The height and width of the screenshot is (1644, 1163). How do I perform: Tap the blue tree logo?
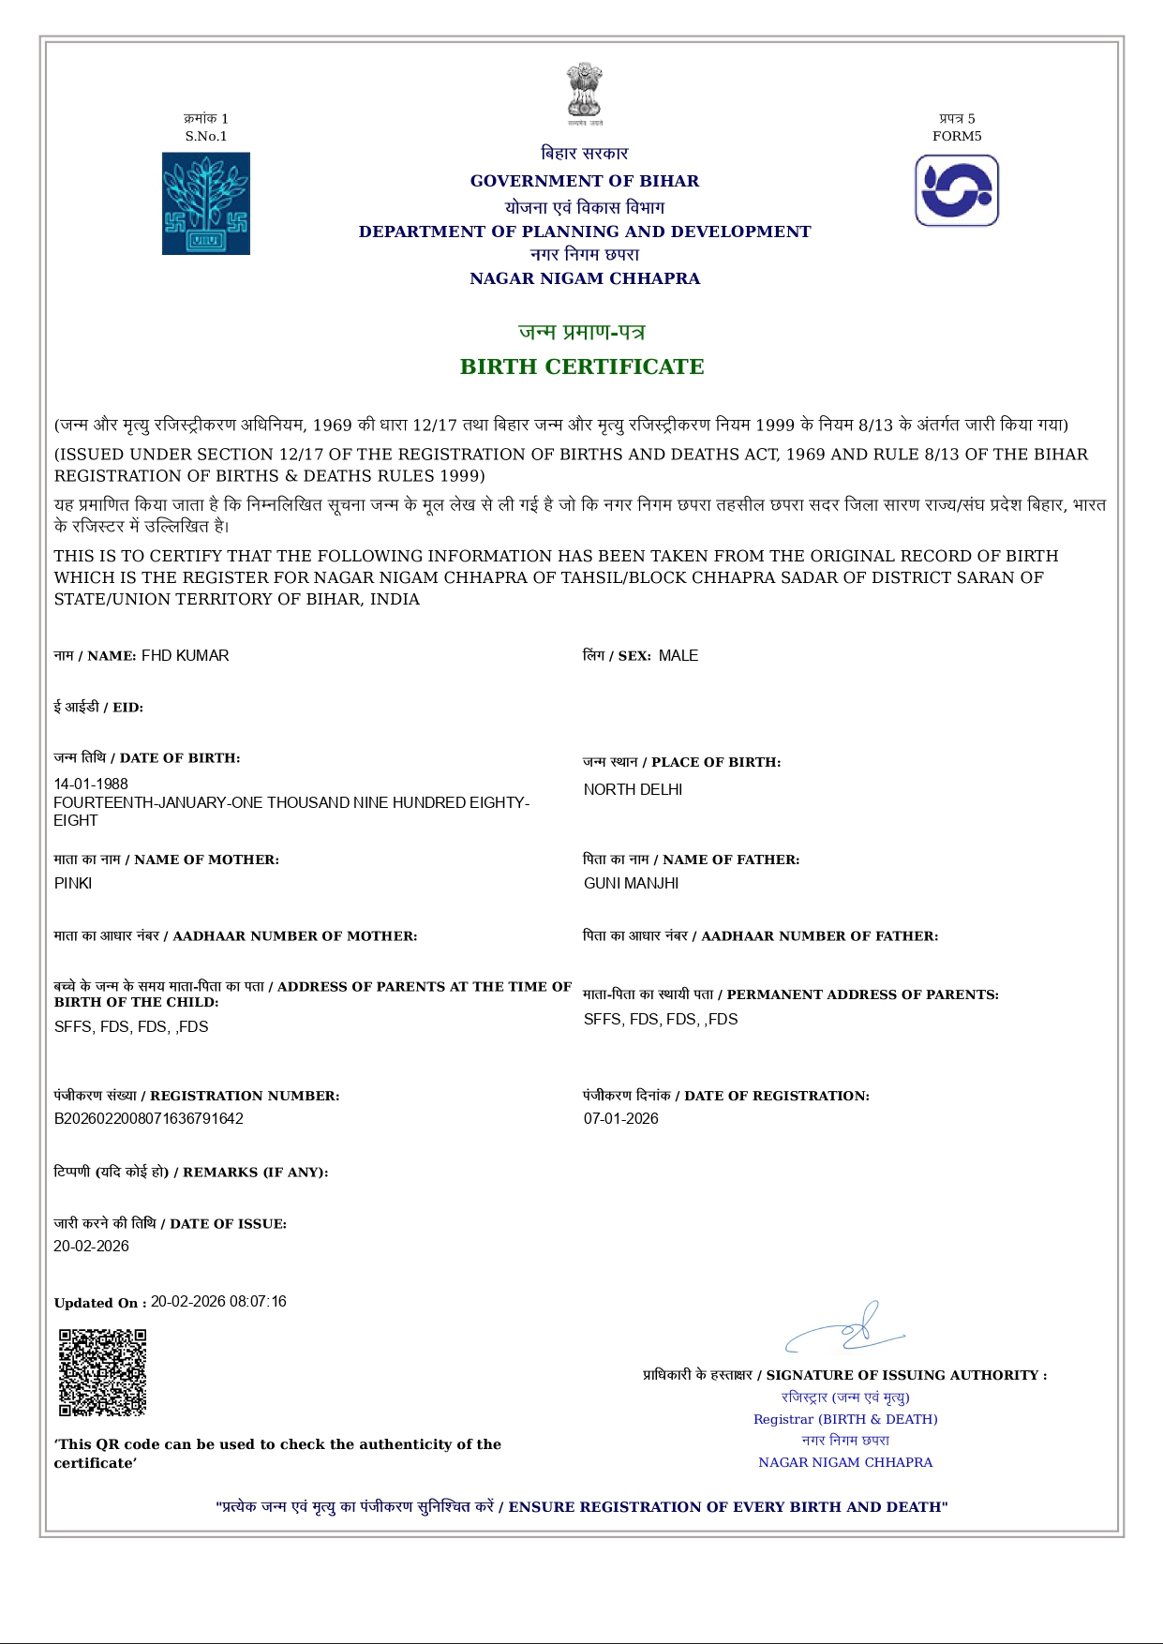pyautogui.click(x=206, y=203)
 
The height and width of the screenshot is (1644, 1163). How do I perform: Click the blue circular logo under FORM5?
pyautogui.click(x=957, y=191)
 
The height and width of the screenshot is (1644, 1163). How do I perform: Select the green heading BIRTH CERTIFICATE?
pyautogui.click(x=582, y=366)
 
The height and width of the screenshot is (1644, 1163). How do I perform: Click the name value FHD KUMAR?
pyautogui.click(x=185, y=656)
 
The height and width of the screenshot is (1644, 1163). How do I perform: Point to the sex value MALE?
pyautogui.click(x=678, y=656)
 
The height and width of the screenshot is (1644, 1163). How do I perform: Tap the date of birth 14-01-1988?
pyautogui.click(x=91, y=784)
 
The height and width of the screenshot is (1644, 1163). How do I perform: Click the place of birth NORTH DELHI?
pyautogui.click(x=633, y=789)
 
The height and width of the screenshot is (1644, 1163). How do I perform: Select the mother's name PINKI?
pyautogui.click(x=73, y=883)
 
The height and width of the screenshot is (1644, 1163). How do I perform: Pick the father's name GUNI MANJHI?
pyautogui.click(x=631, y=883)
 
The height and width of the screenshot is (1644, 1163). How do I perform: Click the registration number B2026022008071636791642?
pyautogui.click(x=148, y=1118)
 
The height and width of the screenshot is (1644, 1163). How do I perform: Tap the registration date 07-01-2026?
pyautogui.click(x=620, y=1118)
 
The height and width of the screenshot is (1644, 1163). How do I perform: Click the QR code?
pyautogui.click(x=103, y=1372)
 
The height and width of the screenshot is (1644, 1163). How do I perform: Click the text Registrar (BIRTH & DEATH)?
pyautogui.click(x=845, y=1419)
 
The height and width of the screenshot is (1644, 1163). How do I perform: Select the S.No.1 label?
pyautogui.click(x=206, y=136)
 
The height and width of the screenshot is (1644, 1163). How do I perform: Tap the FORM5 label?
pyautogui.click(x=957, y=136)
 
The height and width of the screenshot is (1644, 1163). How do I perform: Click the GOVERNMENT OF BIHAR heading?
pyautogui.click(x=584, y=181)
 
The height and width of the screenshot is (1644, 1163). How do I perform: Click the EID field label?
pyautogui.click(x=98, y=708)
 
